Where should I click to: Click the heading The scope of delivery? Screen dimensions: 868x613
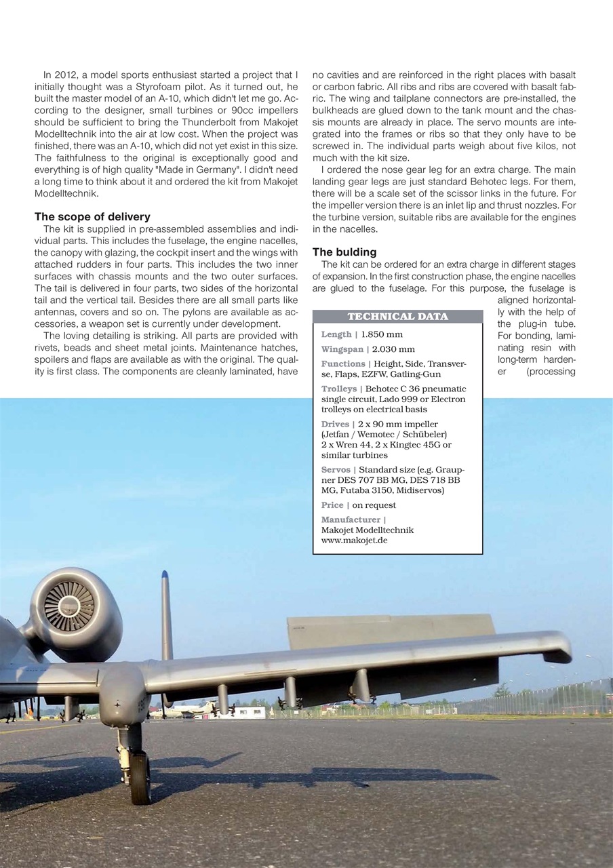tap(92, 216)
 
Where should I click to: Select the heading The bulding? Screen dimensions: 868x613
tap(344, 252)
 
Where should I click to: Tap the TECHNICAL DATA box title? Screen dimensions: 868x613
tap(397, 317)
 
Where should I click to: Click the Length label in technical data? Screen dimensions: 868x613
tap(336, 334)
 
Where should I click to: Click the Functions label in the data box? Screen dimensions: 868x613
tap(343, 364)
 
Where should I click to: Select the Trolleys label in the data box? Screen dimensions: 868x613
tap(339, 389)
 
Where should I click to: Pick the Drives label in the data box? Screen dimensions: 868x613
tap(336, 425)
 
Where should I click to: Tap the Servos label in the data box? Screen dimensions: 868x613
tap(336, 470)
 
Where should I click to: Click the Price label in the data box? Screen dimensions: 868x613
tap(333, 505)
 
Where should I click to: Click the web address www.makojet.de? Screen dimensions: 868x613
tap(354, 540)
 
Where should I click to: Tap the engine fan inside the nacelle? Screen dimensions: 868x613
tap(69, 606)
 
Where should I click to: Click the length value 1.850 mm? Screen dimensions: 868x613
tap(382, 334)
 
